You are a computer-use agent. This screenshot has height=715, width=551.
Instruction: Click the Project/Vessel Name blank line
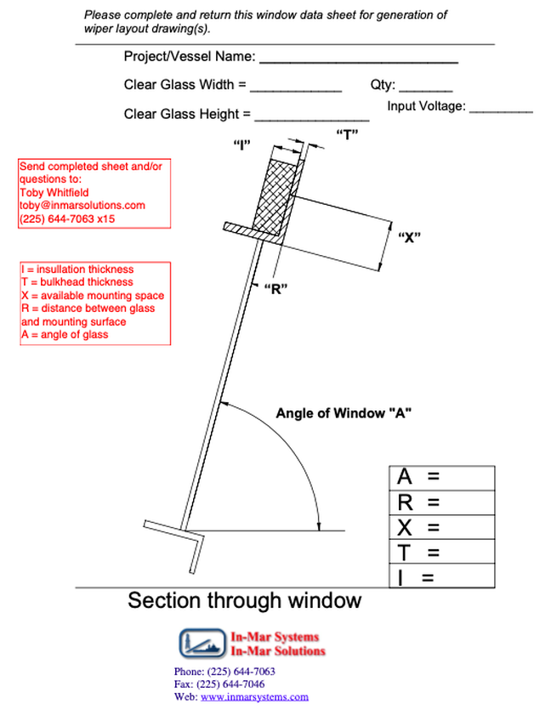pos(359,62)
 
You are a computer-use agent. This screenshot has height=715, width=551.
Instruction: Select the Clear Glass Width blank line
pos(296,91)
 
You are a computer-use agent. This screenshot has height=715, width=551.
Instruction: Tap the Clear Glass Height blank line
pos(312,121)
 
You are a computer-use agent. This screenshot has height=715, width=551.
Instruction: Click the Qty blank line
pos(426,91)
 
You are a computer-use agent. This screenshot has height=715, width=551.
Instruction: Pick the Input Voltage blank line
pos(502,111)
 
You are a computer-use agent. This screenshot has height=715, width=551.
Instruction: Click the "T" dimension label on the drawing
pos(347,135)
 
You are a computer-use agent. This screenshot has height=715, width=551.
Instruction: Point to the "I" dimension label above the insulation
pos(241,145)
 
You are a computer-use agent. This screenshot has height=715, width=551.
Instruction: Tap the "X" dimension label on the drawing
pos(409,237)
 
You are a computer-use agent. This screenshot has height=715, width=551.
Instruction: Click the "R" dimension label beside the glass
pos(276,289)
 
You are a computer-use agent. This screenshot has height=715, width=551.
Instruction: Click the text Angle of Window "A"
pos(344,413)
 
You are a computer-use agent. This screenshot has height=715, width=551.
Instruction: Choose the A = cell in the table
pos(442,478)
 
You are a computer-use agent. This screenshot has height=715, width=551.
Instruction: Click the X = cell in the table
pos(442,527)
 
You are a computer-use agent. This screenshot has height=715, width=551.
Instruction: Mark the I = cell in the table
pos(442,576)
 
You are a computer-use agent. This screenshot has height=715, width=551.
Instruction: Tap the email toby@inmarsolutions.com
pos(82,205)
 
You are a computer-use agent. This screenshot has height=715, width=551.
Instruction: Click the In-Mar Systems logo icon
pos(202,643)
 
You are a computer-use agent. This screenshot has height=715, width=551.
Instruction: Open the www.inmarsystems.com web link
pos(254,697)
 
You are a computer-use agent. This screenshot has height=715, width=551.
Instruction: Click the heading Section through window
pos(245,600)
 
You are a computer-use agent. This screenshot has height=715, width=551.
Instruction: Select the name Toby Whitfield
pos(54,192)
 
